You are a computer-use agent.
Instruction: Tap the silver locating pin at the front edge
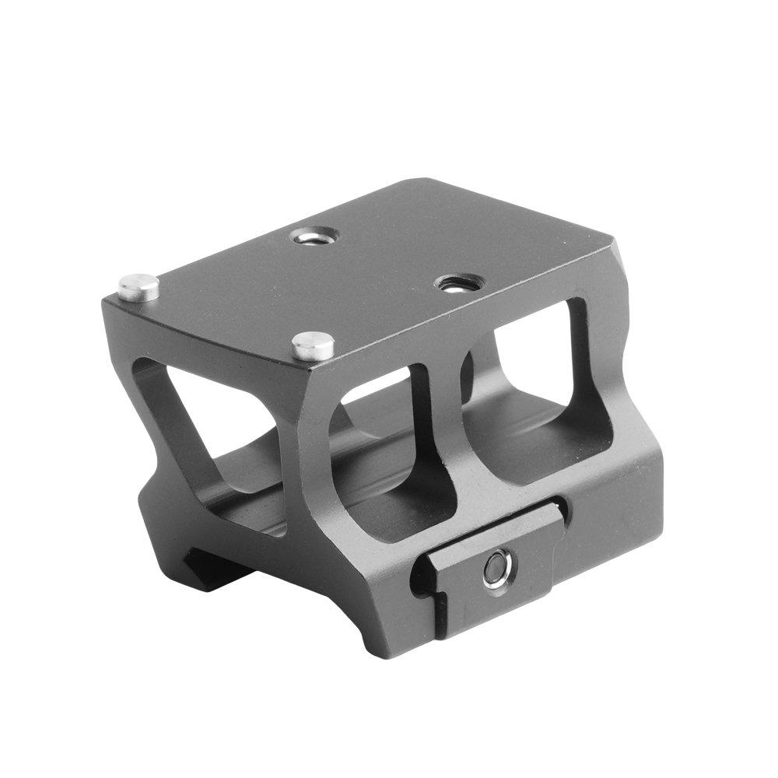[x=313, y=345]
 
